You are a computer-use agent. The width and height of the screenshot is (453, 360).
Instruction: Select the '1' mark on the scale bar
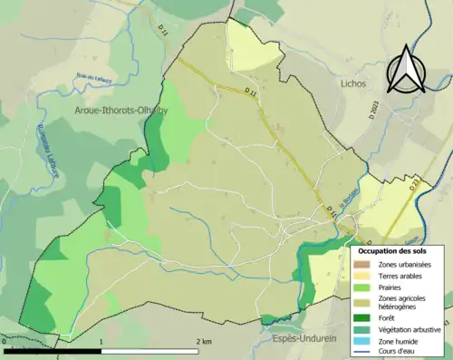click(x=101, y=341)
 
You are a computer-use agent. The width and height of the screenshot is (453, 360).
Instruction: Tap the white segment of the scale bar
click(x=149, y=349)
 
